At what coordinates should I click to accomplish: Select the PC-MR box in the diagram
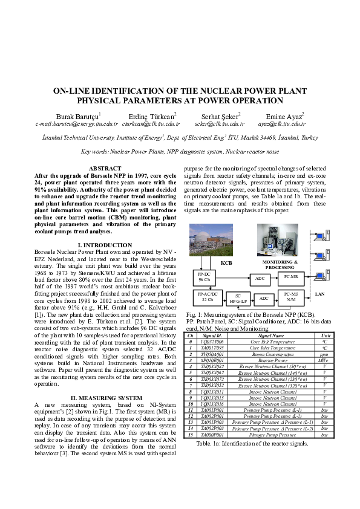[290, 277]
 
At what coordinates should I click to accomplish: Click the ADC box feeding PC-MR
[260, 278]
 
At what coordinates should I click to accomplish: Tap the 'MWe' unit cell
[325, 360]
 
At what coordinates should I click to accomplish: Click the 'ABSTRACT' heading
[105, 168]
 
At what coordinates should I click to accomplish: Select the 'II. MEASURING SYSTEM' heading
[105, 381]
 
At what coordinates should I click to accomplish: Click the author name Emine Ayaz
[284, 116]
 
